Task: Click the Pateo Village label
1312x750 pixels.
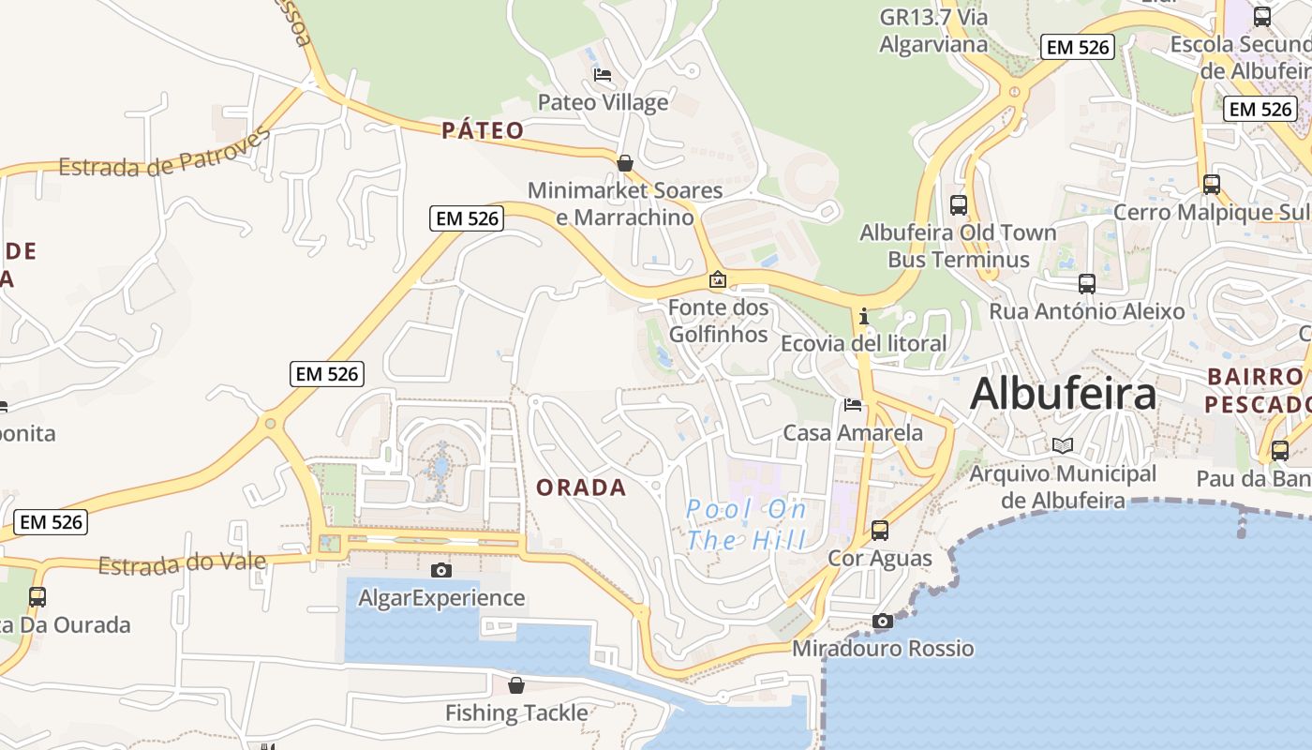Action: [x=603, y=102]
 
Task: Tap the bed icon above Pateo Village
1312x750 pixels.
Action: [x=603, y=74]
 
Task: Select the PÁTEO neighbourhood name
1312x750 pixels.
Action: [x=483, y=130]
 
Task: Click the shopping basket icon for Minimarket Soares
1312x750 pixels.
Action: [x=625, y=163]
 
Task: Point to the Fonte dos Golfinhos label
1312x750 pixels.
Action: [x=718, y=321]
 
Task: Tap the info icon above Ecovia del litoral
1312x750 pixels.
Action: [x=864, y=316]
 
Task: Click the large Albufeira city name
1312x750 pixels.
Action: [x=1063, y=394]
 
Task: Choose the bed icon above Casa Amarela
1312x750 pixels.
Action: [x=853, y=405]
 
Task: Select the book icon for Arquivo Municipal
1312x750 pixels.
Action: [x=1062, y=445]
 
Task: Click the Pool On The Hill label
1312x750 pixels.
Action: [x=746, y=525]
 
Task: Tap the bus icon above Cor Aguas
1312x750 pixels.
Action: [x=880, y=530]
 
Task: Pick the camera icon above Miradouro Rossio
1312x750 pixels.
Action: [x=882, y=621]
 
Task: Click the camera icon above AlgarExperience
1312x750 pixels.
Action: [x=441, y=570]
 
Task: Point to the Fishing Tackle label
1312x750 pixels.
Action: [x=516, y=712]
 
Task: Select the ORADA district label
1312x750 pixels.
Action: [x=581, y=487]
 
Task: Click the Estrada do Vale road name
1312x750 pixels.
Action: [x=182, y=564]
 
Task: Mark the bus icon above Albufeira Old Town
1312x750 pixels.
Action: [x=958, y=204]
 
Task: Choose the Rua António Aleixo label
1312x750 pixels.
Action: [x=1087, y=311]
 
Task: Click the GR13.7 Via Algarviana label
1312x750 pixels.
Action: [x=933, y=30]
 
